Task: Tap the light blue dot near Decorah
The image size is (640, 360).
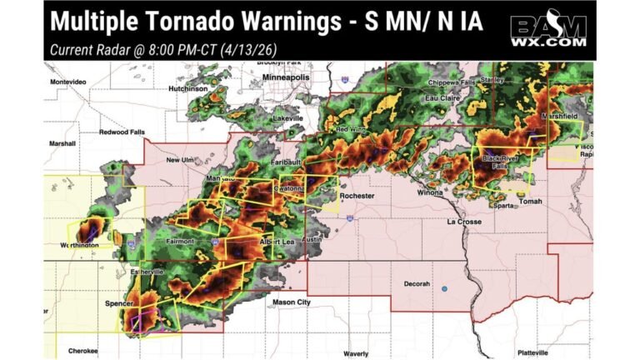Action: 445,289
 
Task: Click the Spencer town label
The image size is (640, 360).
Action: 119,303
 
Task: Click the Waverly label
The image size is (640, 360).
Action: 356,353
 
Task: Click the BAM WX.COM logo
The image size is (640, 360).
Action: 549,31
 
